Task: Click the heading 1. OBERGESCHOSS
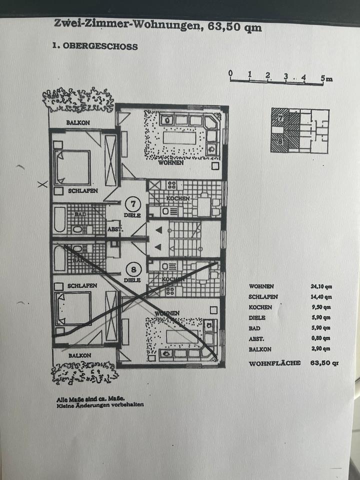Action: pyautogui.click(x=95, y=45)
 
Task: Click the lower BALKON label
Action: pyautogui.click(x=80, y=355)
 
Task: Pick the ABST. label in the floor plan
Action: pyautogui.click(x=114, y=229)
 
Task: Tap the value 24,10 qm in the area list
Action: pyautogui.click(x=321, y=286)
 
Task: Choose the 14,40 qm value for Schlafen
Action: pyautogui.click(x=321, y=297)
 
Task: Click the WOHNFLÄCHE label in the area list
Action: pyautogui.click(x=274, y=363)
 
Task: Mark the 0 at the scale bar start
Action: pyautogui.click(x=230, y=74)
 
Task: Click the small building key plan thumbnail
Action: pyautogui.click(x=299, y=130)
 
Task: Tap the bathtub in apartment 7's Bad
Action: pyautogui.click(x=60, y=220)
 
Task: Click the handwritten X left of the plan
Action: pyautogui.click(x=43, y=184)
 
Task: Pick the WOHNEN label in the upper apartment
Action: pyautogui.click(x=170, y=162)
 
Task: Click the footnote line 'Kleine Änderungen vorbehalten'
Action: pyautogui.click(x=100, y=405)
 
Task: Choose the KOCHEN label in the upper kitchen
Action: pyautogui.click(x=178, y=198)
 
